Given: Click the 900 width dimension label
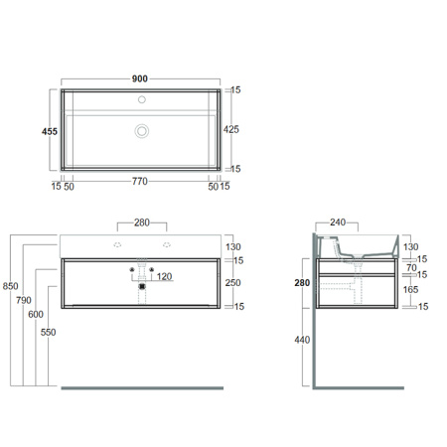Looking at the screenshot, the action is pos(140,78).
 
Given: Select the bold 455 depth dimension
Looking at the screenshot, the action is pos(50,131).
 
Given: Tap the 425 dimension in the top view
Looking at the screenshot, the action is pos(230,129).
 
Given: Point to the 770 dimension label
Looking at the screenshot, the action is pos(140,181).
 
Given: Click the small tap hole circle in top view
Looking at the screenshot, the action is pos(142,99).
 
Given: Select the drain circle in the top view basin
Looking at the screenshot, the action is pos(142,131).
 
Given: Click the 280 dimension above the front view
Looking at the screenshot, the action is pos(142,223).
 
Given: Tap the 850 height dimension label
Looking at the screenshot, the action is pos(10,286).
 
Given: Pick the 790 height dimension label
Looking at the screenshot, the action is pos(24,300).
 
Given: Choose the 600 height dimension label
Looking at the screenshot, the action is pos(36,314).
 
